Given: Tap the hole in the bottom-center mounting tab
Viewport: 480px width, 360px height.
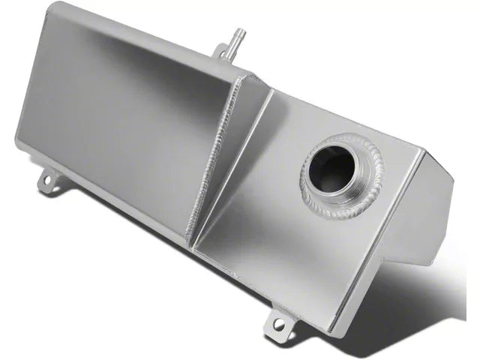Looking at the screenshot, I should [x=279, y=324].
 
